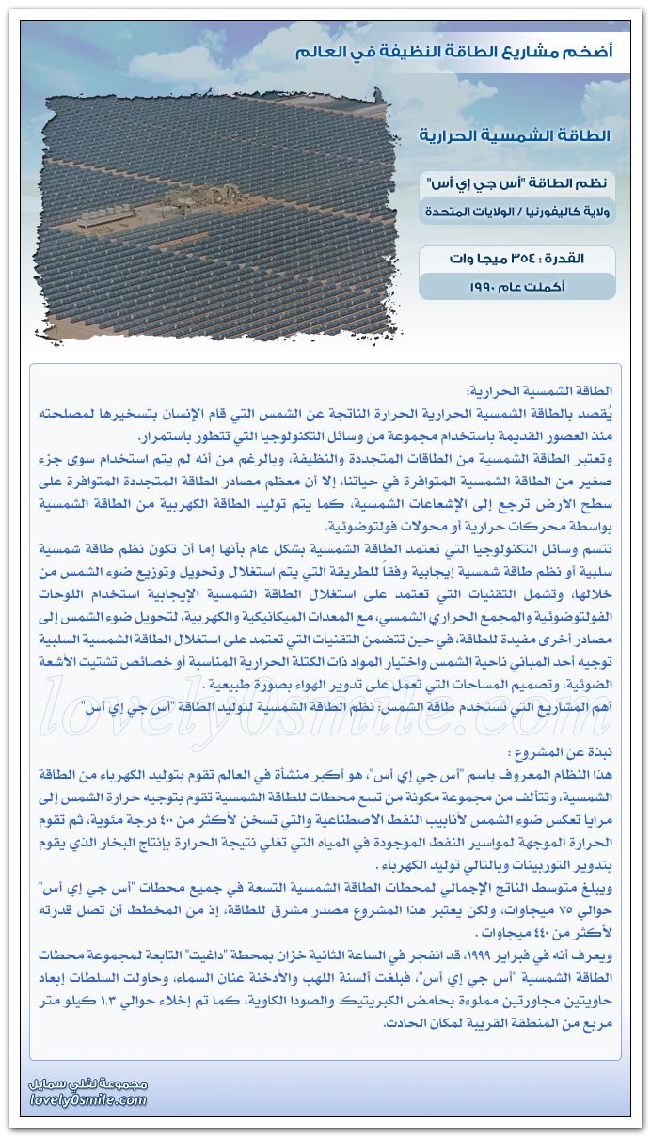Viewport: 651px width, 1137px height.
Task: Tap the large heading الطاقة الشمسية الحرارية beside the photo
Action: point(515,136)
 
